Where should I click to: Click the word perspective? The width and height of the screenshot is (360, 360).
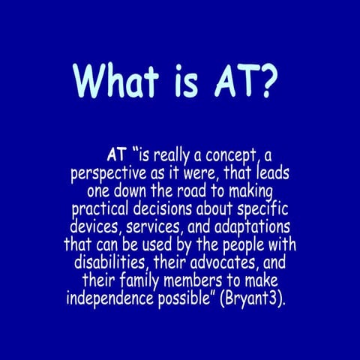110,174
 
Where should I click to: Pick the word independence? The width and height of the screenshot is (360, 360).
112,298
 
